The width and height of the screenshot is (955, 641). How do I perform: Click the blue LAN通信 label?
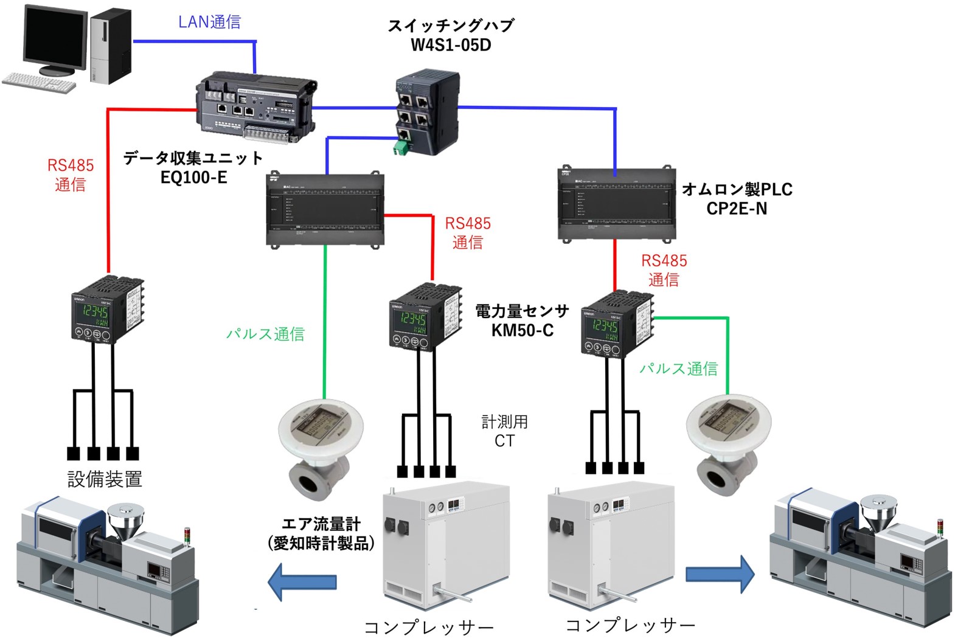tap(209, 22)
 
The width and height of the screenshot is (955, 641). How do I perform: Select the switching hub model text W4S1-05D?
tap(451, 45)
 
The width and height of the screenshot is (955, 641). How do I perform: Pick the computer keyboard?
tap(40, 81)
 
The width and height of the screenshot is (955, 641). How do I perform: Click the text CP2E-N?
tap(736, 209)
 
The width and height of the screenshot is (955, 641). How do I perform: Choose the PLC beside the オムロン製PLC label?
tap(616, 204)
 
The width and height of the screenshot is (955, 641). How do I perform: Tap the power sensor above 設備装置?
tap(108, 309)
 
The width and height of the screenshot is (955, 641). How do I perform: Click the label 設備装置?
tap(105, 479)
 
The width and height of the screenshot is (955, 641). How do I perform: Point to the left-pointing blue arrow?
tap(302, 582)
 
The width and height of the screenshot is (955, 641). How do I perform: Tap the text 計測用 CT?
tap(504, 431)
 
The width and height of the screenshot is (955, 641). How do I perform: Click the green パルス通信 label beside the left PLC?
tap(265, 334)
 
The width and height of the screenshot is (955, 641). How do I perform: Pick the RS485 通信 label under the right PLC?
tap(664, 270)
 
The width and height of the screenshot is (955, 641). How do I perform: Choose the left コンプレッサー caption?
tap(429, 627)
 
